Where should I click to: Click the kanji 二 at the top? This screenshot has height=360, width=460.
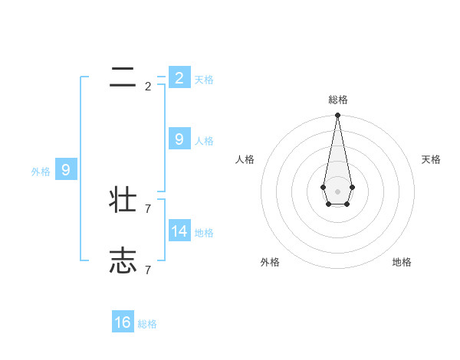click(123, 77)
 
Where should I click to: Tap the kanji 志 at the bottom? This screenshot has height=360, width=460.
click(123, 261)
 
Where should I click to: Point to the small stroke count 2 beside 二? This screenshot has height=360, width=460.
click(148, 87)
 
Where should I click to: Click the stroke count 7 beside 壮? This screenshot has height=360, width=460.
click(148, 208)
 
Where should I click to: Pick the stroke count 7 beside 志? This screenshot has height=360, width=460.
click(148, 270)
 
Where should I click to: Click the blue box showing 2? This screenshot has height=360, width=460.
click(179, 78)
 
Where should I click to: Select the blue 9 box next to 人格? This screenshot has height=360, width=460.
click(179, 139)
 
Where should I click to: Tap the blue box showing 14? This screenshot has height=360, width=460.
click(179, 231)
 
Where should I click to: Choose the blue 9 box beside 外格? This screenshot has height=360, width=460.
click(65, 170)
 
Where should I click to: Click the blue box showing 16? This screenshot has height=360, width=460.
click(123, 322)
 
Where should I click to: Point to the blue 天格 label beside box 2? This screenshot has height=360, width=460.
click(204, 80)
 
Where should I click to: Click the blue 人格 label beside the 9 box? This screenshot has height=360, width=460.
click(204, 141)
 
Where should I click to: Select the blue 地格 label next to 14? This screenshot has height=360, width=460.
click(204, 233)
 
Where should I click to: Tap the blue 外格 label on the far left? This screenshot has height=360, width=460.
click(41, 172)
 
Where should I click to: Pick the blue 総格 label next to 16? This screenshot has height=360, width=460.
click(147, 324)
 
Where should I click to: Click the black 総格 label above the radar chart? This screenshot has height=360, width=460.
click(337, 100)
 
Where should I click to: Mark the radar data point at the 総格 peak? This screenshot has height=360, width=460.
click(337, 116)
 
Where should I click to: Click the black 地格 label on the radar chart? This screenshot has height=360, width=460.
click(402, 262)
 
